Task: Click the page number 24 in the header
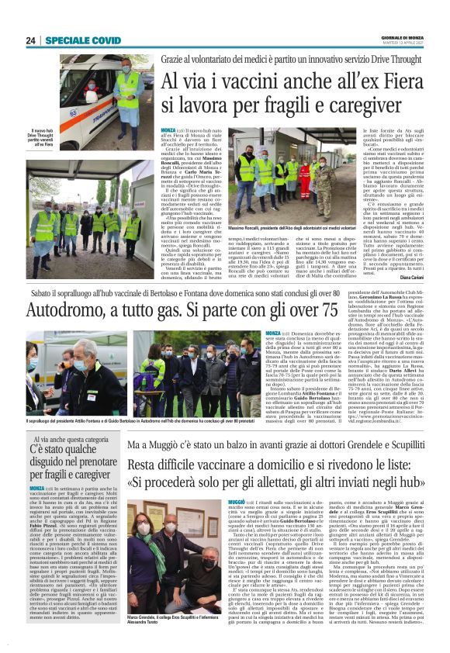[x=32, y=40]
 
